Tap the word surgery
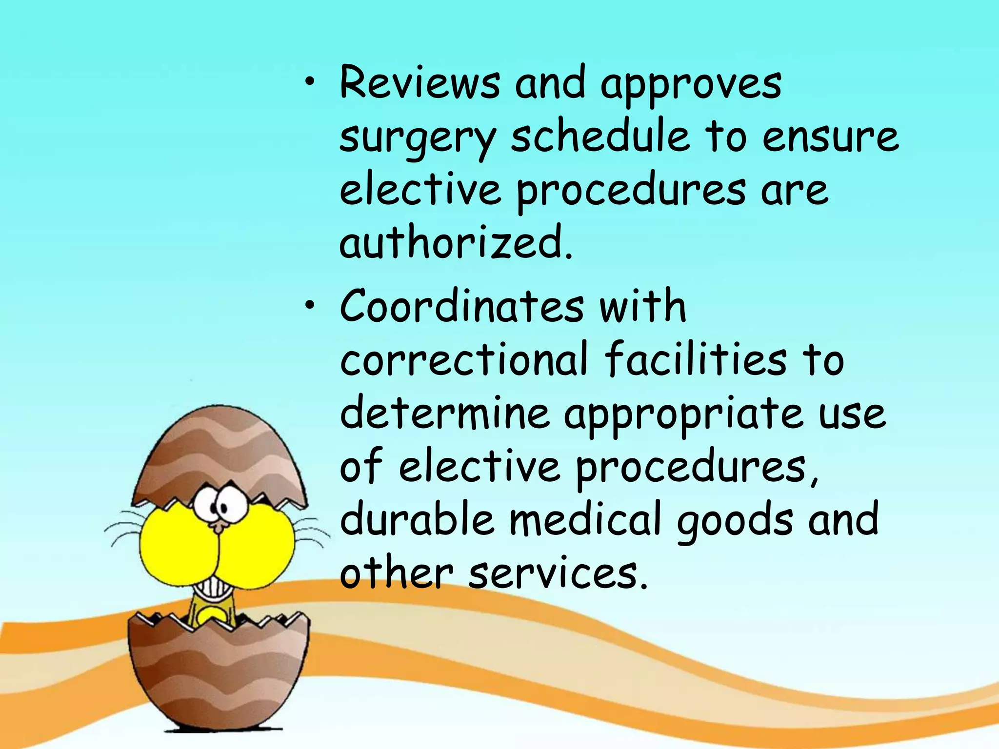(x=418, y=138)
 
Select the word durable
(x=417, y=519)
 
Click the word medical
(x=585, y=519)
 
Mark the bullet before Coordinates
(x=309, y=306)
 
